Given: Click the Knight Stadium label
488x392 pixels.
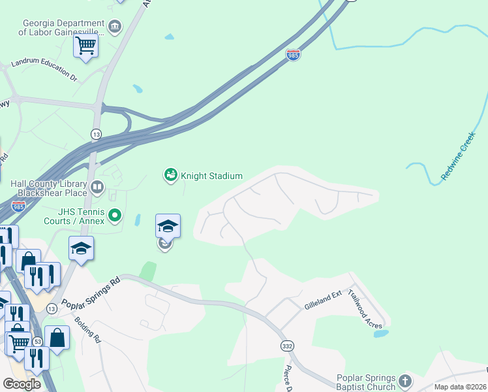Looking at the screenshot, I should tap(211, 176).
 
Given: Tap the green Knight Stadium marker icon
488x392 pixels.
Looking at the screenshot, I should tap(170, 175).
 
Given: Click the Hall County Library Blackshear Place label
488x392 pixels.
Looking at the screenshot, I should tap(49, 188).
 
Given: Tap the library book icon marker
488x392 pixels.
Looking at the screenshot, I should tap(97, 188).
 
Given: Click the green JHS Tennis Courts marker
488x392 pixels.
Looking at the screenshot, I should tap(115, 214).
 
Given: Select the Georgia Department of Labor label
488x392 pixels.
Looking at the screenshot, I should tap(63, 27).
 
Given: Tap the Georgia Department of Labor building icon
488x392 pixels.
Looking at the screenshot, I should tap(115, 27).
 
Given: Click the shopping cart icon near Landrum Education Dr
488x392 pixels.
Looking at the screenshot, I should tap(85, 46).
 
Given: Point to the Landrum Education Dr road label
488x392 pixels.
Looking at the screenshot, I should tap(44, 71).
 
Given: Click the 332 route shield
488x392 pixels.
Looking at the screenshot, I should tap(286, 345).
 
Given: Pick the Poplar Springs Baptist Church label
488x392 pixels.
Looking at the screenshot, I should tap(366, 383).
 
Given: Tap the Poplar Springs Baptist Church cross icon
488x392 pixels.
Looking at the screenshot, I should tap(405, 380).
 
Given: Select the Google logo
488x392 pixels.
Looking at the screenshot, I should tap(22, 384).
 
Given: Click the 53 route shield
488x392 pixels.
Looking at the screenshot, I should tap(38, 342).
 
